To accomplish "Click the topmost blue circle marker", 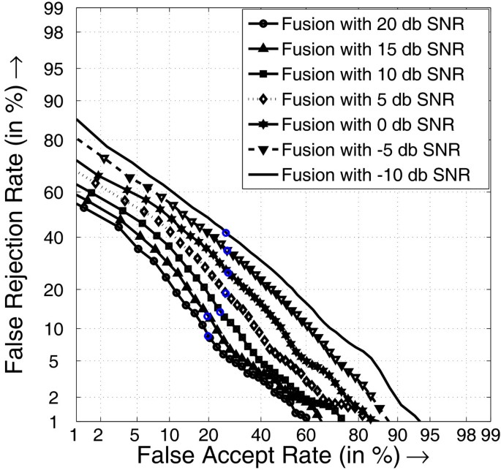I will (226, 232).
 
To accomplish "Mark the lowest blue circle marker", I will (208, 336).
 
